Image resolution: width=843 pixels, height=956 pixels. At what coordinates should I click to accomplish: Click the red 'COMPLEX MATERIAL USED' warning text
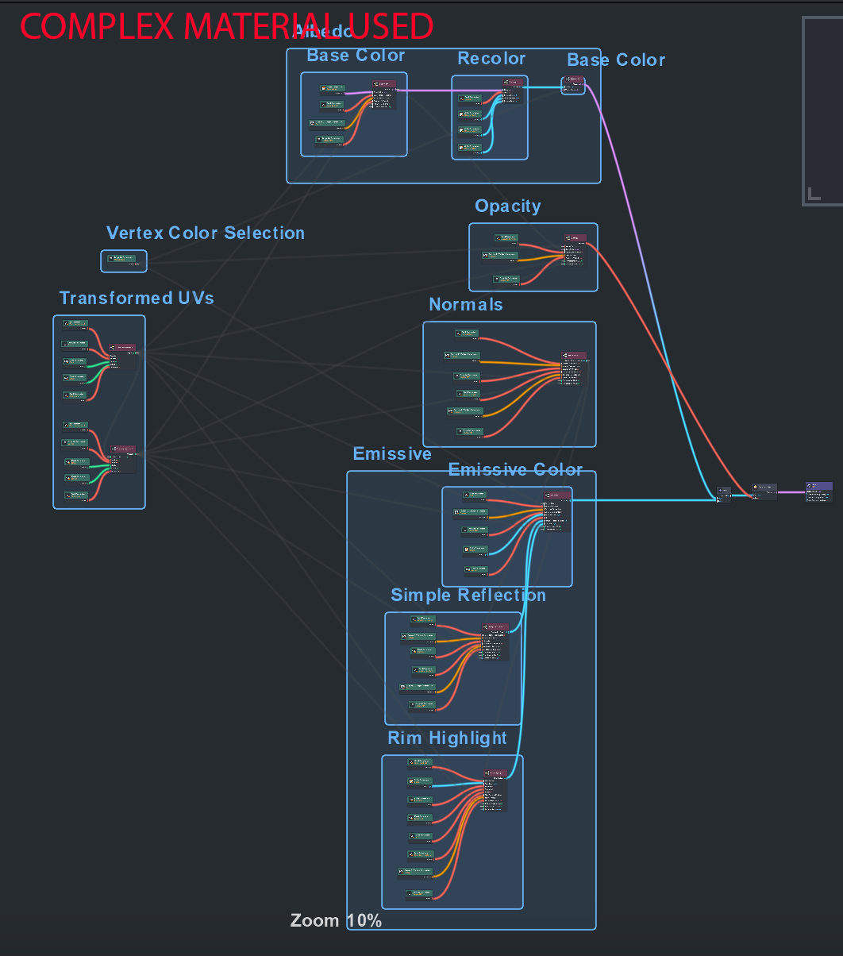[x=226, y=26]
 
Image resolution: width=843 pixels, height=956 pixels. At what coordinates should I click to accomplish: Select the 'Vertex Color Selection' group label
[x=205, y=233]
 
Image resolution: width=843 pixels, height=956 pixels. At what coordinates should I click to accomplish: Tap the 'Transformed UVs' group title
[x=136, y=298]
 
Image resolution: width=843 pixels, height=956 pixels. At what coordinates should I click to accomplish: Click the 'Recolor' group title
[x=491, y=59]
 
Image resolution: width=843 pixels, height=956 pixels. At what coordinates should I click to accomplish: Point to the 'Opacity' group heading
[x=507, y=206]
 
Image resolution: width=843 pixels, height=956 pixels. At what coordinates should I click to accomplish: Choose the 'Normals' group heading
[x=465, y=305]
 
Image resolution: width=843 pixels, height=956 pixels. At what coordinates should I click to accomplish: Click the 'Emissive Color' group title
[x=515, y=470]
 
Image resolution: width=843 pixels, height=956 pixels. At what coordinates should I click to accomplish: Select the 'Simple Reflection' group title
[x=468, y=596]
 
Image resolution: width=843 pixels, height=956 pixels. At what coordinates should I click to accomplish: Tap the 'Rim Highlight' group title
[x=447, y=738]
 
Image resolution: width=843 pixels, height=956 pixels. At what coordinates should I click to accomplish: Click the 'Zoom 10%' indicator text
[x=336, y=921]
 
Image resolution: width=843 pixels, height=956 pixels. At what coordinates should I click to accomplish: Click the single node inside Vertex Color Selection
[x=123, y=260]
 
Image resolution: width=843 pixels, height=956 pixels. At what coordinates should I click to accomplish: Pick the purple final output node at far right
[x=818, y=491]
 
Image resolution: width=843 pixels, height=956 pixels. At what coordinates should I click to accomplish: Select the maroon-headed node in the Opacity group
[x=575, y=238]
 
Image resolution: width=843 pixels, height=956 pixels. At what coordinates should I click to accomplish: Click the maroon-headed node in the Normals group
[x=574, y=356]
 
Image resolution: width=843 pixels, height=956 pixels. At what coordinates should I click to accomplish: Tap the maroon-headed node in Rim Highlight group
[x=494, y=773]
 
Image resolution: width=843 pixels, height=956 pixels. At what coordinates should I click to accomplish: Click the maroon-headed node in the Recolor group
[x=514, y=82]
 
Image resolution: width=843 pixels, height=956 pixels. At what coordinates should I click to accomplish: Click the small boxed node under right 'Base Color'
[x=573, y=85]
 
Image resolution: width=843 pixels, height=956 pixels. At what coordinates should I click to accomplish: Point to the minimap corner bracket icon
[x=814, y=193]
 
